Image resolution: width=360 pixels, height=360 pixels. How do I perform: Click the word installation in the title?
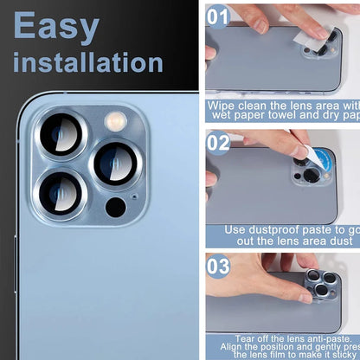88,62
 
